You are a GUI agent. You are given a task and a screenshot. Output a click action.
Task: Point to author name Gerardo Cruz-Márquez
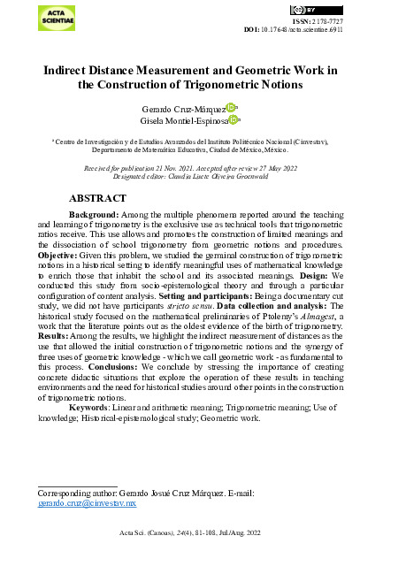[x=183, y=107]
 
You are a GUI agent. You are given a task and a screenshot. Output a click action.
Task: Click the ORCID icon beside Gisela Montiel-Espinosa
[x=234, y=120]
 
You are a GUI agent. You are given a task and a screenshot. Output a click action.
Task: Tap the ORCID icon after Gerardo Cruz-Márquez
[x=231, y=107]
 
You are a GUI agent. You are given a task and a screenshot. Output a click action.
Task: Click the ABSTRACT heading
[x=101, y=200]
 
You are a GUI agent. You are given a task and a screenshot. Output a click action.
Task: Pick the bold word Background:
[x=95, y=215]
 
